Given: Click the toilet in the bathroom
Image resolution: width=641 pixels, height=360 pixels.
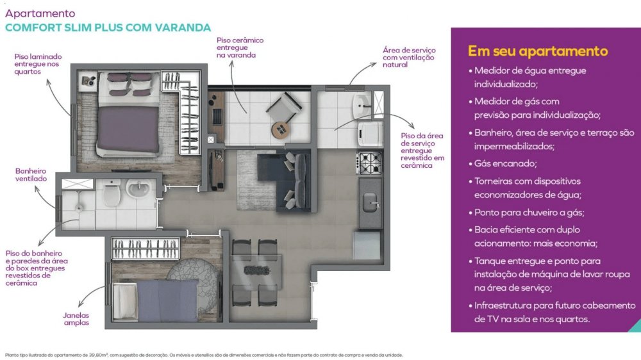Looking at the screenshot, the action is [x=111, y=192].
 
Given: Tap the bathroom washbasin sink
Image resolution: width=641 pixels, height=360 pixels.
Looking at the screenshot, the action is [x=138, y=189].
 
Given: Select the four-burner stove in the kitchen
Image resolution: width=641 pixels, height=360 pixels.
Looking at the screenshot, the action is [x=370, y=163].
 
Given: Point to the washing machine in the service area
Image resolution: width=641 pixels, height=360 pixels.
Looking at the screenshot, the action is [x=370, y=133].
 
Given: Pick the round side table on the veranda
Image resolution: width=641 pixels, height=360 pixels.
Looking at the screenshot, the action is [x=281, y=130].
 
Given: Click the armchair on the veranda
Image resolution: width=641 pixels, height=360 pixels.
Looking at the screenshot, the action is [x=285, y=107].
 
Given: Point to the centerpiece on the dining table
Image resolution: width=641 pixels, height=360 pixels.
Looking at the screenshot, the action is [x=256, y=270].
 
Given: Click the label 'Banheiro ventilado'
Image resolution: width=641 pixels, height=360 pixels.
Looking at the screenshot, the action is [x=31, y=175].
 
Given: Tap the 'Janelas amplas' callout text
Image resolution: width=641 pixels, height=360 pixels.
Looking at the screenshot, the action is [x=76, y=319].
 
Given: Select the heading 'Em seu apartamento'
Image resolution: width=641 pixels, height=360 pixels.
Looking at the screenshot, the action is [x=538, y=51].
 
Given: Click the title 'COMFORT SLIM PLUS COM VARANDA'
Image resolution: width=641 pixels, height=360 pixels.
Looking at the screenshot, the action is [x=108, y=28].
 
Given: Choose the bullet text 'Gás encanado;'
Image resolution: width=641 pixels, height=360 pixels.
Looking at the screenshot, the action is [x=505, y=163].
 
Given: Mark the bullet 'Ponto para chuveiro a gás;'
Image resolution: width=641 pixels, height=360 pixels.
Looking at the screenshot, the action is [x=529, y=213].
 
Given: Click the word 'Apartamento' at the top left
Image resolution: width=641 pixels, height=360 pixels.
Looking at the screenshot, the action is [x=40, y=13].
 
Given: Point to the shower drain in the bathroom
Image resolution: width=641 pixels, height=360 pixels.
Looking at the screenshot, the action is [x=79, y=208].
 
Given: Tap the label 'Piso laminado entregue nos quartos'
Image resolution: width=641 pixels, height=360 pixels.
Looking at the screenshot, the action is [x=38, y=64].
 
